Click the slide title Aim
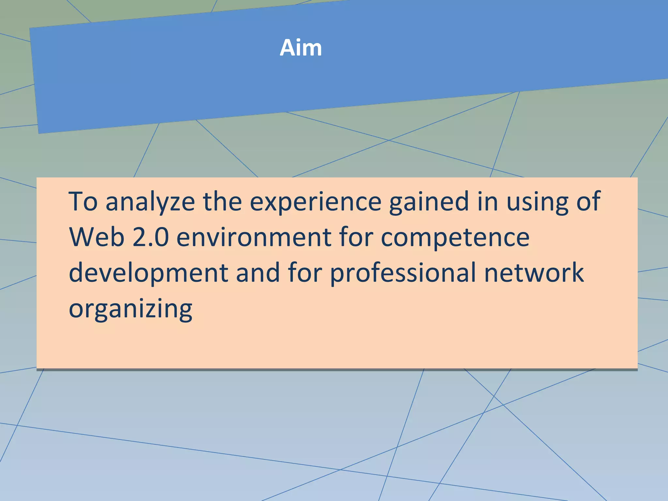[301, 48]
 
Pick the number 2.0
[151, 237]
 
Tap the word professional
[403, 273]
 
